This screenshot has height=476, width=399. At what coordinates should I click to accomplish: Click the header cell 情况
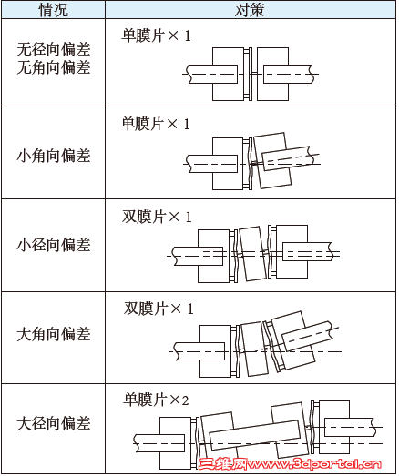[54, 10]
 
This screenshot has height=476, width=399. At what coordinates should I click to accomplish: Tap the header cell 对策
[251, 10]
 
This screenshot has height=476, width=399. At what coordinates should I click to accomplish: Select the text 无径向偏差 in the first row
[54, 49]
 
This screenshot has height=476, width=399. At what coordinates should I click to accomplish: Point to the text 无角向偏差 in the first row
[54, 67]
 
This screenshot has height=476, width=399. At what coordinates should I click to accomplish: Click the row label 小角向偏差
[54, 156]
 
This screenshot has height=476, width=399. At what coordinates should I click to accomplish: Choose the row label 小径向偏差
[54, 245]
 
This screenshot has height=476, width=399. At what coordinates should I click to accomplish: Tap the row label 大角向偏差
[54, 334]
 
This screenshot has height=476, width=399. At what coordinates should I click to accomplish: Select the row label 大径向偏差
[54, 423]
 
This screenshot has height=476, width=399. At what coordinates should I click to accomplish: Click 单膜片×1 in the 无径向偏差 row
[156, 35]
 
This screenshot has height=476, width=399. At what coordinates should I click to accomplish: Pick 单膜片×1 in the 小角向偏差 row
[156, 124]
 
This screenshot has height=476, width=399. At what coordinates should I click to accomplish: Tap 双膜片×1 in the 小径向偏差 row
[157, 217]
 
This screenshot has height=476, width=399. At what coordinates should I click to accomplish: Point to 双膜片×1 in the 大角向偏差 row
[159, 309]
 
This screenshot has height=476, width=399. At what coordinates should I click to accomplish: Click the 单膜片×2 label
[156, 400]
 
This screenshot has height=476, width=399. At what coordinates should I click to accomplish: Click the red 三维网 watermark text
[223, 463]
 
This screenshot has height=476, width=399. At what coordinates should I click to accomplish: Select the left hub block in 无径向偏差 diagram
[228, 74]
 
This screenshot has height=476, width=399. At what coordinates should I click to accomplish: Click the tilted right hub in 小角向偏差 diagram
[272, 160]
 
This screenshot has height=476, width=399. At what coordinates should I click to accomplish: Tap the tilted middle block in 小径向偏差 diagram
[253, 254]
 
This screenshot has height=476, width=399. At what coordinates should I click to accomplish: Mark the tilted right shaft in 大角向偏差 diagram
[307, 336]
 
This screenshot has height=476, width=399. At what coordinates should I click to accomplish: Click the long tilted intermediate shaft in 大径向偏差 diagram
[255, 435]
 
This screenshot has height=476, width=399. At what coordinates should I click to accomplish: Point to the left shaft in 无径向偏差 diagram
[212, 74]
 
